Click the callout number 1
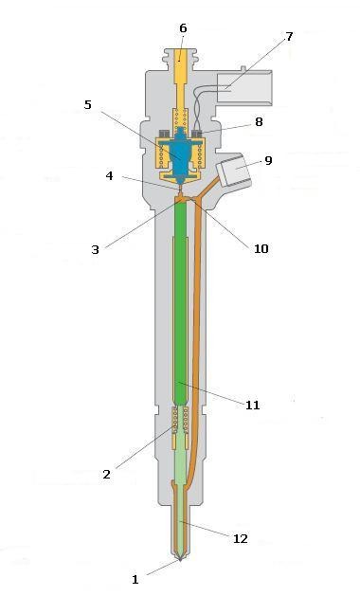pos(135,578)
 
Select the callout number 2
pos(106,473)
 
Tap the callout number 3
pos(95,250)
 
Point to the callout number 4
pos(110,175)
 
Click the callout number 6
pos(183,28)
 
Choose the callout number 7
pos(289,37)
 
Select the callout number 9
pos(268,160)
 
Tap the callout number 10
pos(261,249)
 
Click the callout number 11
pos(252,406)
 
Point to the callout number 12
pos(240,538)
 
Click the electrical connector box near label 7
pos(243,90)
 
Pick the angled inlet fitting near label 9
pos(234,174)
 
